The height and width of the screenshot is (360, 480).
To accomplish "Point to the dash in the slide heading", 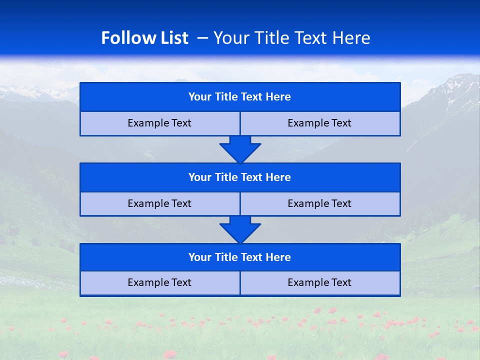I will [202, 38].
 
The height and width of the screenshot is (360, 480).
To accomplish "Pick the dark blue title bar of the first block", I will [240, 97].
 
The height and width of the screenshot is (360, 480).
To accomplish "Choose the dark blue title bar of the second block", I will [240, 177].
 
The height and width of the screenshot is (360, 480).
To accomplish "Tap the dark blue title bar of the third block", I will [240, 257].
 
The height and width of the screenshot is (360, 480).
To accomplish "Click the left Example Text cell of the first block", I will [159, 123].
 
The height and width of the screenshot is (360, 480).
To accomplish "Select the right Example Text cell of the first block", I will [320, 123].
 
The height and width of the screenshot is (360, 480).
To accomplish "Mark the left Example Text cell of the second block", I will [159, 204].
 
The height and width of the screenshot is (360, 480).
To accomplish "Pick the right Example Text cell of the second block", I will [320, 204].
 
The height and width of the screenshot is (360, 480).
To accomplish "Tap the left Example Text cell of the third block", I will [159, 283].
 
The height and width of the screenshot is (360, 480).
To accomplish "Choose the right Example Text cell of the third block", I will [320, 283].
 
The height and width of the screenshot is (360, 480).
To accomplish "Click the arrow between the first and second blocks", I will [240, 149].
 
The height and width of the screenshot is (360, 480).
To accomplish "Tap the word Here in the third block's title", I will [278, 257].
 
